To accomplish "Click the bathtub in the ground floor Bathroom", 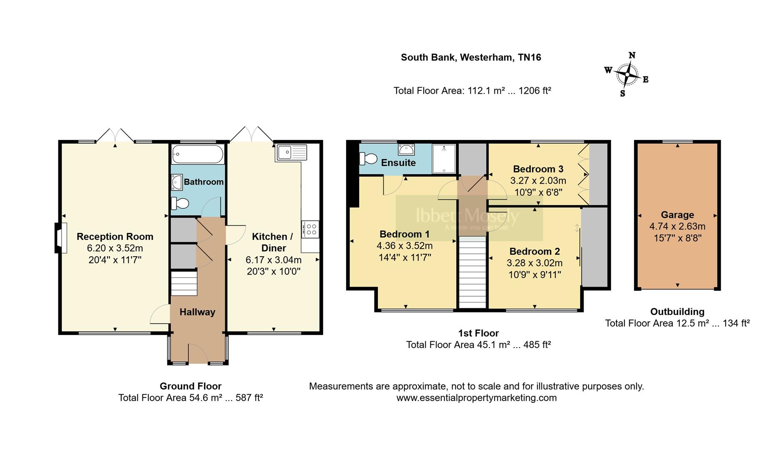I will [x=198, y=154].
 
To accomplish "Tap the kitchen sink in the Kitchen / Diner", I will [x=291, y=152].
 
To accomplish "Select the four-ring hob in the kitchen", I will [x=311, y=229].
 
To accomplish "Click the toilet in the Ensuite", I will [x=368, y=159].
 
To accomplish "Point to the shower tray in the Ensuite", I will [x=444, y=158].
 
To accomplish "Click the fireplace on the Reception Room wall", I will [x=61, y=238].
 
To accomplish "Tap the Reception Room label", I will [x=115, y=237].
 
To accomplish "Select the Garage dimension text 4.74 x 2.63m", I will [x=677, y=227].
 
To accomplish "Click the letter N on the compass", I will [x=632, y=55].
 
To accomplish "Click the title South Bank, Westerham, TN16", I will [x=471, y=57].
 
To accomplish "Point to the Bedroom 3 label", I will [x=538, y=169].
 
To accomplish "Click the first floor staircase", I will [x=472, y=273].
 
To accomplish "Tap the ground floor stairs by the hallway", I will [x=184, y=284].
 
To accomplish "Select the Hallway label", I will [x=197, y=312].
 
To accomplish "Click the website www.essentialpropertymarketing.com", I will [x=476, y=398].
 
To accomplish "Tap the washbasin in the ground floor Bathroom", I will [x=177, y=182].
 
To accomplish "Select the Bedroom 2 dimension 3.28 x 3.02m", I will [x=534, y=263].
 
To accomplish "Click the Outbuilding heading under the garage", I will [x=677, y=312].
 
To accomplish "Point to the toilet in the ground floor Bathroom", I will [x=180, y=204].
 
